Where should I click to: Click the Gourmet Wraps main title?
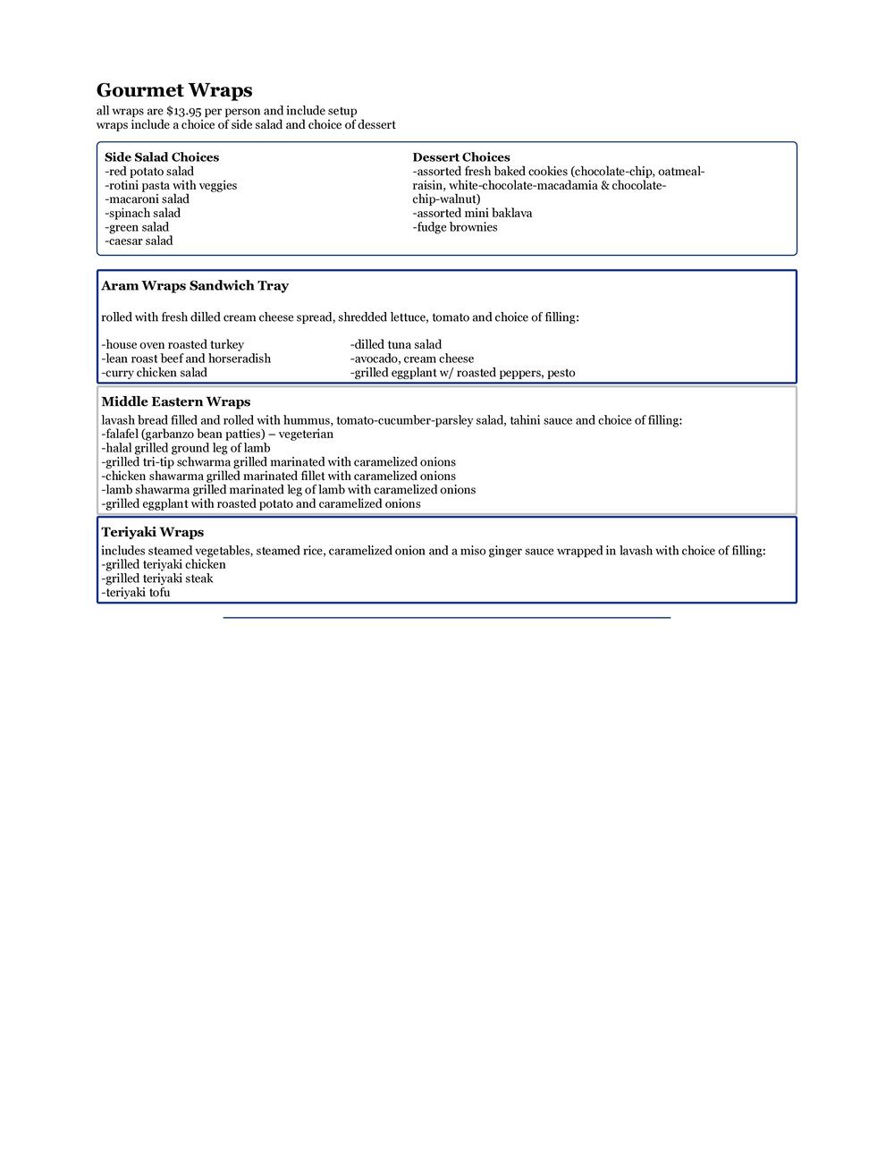click(x=174, y=90)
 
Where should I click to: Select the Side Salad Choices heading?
click(x=162, y=157)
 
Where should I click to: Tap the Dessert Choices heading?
click(x=461, y=157)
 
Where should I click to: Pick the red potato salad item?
click(x=149, y=172)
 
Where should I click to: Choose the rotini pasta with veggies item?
click(x=171, y=185)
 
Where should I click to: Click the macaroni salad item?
click(x=148, y=199)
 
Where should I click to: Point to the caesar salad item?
click(x=139, y=241)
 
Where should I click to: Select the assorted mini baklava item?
click(x=472, y=213)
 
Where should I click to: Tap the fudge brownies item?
click(x=455, y=227)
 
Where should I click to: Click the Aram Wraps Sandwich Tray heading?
click(x=195, y=286)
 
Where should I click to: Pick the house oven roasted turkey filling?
click(x=173, y=344)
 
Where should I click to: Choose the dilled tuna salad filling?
click(x=396, y=344)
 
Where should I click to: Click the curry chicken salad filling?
click(x=155, y=372)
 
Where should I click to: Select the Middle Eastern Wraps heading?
click(x=176, y=402)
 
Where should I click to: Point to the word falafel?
click(x=122, y=434)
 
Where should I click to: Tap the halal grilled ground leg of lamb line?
click(x=186, y=448)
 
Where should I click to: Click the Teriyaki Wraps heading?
click(x=153, y=533)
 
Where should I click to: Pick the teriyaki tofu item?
click(x=136, y=592)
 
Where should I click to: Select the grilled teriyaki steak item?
click(x=157, y=578)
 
